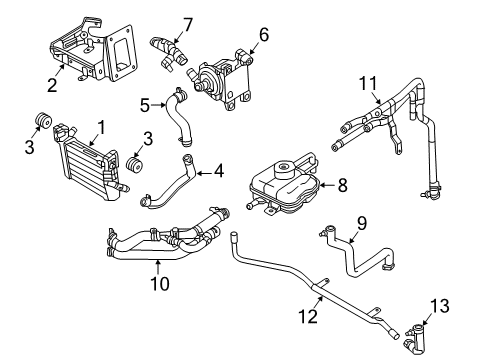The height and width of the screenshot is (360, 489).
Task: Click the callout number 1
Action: coord(100,127)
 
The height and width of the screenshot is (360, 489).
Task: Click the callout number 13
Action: coord(441,304)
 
